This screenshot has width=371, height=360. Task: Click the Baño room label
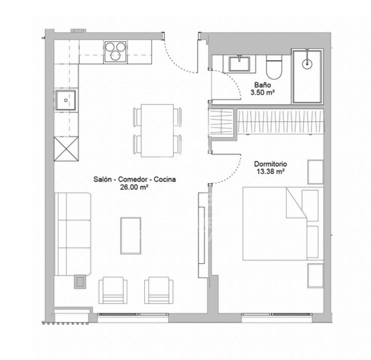263,85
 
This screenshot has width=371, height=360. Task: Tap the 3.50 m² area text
263,93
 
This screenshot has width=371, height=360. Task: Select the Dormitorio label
270,164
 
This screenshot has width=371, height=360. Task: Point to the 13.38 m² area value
270,171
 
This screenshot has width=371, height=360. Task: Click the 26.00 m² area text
134,187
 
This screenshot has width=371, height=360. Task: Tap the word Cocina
164,179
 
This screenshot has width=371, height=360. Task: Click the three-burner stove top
115,51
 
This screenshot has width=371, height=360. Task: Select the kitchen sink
66,100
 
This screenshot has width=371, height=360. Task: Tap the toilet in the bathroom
274,67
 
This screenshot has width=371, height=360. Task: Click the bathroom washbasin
239,64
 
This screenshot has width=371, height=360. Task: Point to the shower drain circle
307,64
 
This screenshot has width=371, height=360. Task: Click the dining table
157,131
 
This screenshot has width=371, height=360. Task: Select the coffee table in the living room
131,236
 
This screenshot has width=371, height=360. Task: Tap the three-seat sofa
72,234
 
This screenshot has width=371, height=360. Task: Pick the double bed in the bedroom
283,224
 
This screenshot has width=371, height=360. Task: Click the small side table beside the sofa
80,281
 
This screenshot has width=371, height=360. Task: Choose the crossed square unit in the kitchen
66,149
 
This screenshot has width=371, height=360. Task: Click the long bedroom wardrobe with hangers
280,121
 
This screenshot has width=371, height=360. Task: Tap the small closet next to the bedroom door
221,121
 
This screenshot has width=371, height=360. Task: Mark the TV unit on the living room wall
201,235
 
